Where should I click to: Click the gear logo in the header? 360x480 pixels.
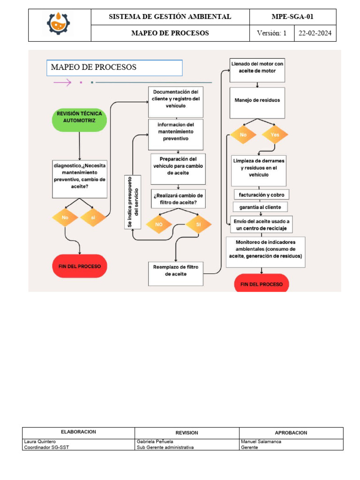tap(59, 25)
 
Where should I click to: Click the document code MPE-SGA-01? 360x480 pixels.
tap(292, 17)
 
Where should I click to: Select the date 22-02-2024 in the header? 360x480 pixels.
tap(315, 33)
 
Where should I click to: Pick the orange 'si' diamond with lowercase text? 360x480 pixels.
tap(93, 217)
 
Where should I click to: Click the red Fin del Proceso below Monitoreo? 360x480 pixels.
tap(261, 284)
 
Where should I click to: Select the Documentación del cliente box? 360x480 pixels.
tap(176, 102)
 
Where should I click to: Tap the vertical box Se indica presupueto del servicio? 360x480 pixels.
tap(133, 202)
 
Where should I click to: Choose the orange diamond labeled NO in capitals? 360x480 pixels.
tap(159, 225)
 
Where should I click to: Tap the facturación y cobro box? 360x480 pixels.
tap(261, 194)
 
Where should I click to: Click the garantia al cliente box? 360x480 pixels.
tap(261, 207)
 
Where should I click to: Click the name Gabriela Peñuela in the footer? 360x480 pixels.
tap(155, 442)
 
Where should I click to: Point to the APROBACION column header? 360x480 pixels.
tap(291, 433)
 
